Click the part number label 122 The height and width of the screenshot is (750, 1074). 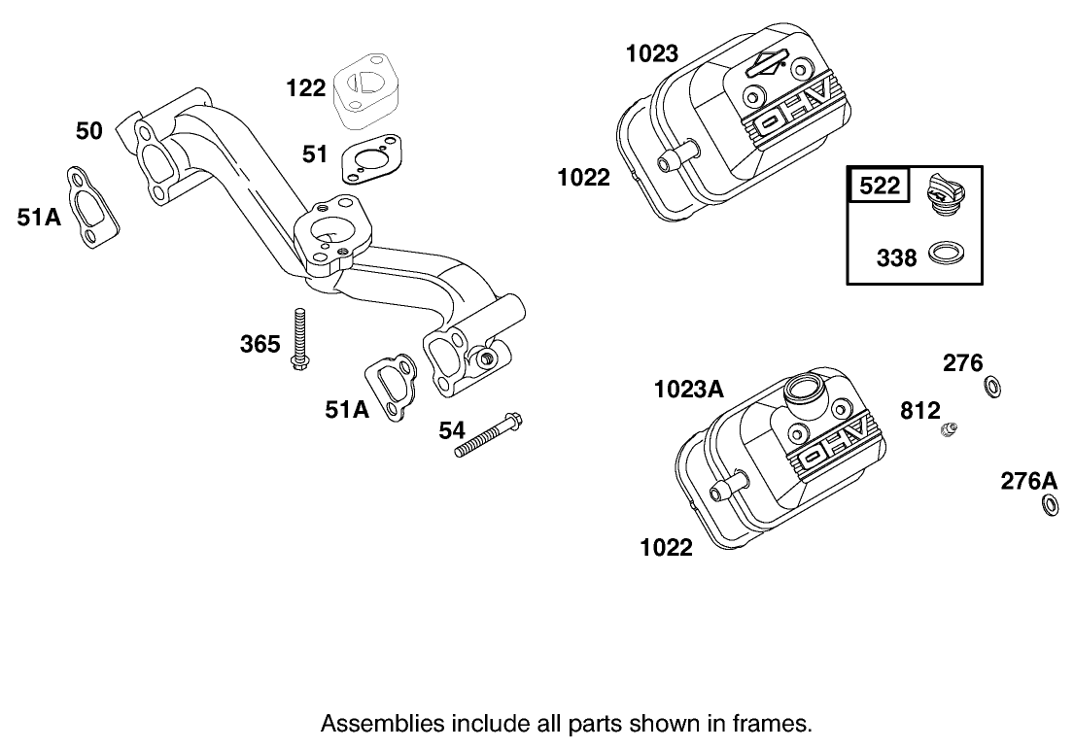[306, 88]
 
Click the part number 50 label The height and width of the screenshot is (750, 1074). [89, 130]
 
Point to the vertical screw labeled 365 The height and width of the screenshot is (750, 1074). [299, 340]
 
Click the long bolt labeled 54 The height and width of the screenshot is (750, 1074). [490, 436]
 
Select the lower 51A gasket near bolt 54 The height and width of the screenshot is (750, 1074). [393, 391]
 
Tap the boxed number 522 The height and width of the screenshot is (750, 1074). [880, 185]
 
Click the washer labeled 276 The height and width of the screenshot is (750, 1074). [993, 388]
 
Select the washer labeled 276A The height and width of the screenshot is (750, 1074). [1050, 505]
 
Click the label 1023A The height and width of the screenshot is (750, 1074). [688, 390]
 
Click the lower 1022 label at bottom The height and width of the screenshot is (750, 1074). [666, 548]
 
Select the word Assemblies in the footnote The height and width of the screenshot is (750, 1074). [368, 724]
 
